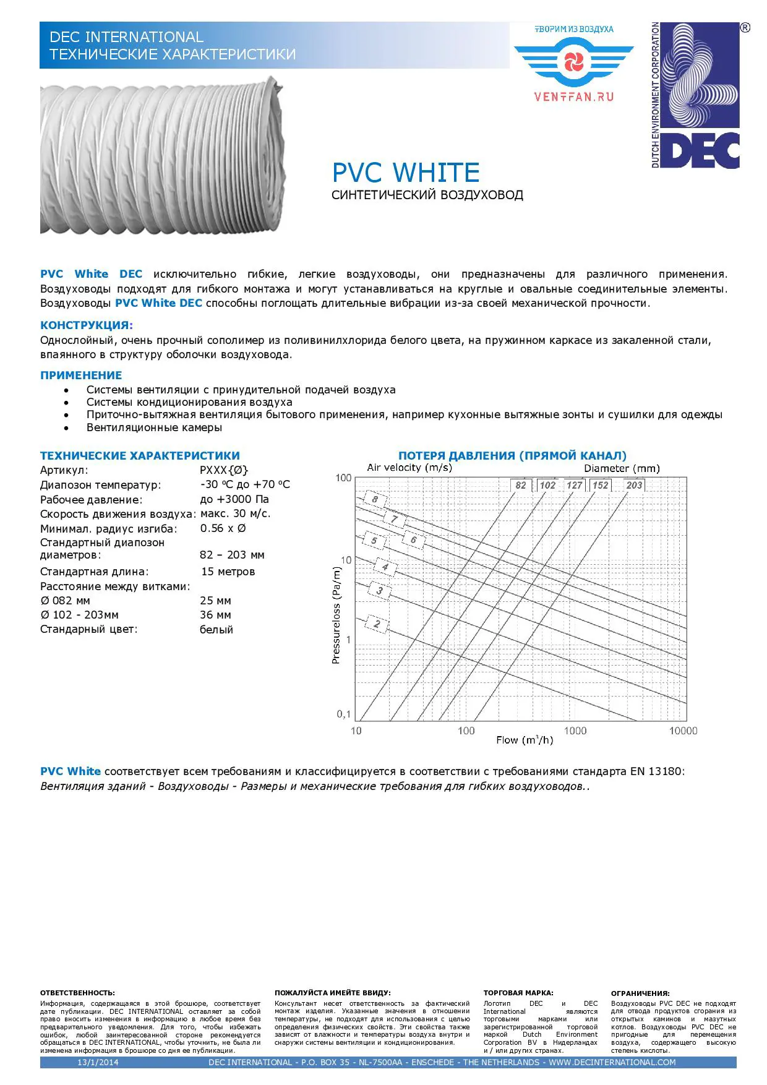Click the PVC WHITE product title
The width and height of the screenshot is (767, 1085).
pyautogui.click(x=406, y=173)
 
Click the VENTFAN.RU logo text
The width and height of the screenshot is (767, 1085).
pyautogui.click(x=573, y=96)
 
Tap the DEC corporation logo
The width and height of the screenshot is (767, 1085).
pyautogui.click(x=695, y=95)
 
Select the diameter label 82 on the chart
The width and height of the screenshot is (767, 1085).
pyautogui.click(x=521, y=485)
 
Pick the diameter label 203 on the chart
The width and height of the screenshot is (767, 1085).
pyautogui.click(x=634, y=485)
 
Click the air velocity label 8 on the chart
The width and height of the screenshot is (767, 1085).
pyautogui.click(x=375, y=499)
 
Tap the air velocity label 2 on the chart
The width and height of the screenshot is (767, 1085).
pyautogui.click(x=377, y=624)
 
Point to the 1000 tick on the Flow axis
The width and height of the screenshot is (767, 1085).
pyautogui.click(x=575, y=731)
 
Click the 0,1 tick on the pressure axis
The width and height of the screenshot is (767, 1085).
pyautogui.click(x=344, y=714)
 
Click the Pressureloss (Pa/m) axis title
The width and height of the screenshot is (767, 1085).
pyautogui.click(x=336, y=615)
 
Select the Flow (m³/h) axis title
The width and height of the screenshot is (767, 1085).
pyautogui.click(x=525, y=740)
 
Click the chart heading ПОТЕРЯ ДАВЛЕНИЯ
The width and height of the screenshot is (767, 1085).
pyautogui.click(x=512, y=456)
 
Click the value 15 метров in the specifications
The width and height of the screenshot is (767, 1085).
pyautogui.click(x=228, y=572)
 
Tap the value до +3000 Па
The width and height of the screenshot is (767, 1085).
pyautogui.click(x=234, y=499)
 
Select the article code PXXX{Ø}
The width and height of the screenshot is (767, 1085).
pyautogui.click(x=224, y=470)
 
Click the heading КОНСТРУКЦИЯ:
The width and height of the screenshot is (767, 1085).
pyautogui.click(x=87, y=325)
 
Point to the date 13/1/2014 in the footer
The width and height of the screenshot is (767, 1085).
pyautogui.click(x=98, y=1062)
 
